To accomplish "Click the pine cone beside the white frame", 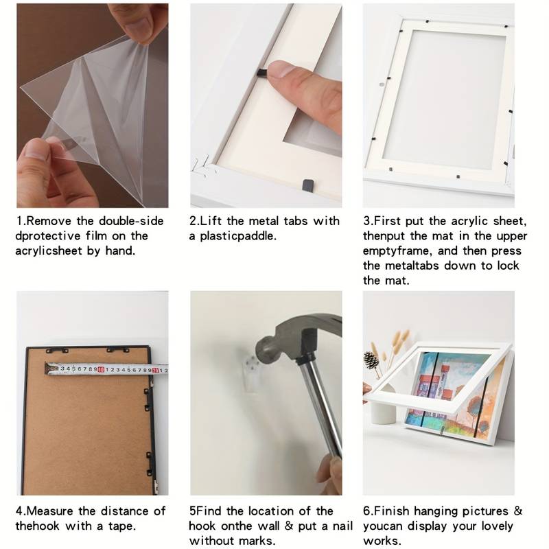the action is (371, 360).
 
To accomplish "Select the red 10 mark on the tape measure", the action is (101, 369).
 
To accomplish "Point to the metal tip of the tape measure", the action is (51, 369).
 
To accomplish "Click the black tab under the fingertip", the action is (261, 73).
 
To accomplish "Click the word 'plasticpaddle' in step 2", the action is (238, 236).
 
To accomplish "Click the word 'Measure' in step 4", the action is (51, 511).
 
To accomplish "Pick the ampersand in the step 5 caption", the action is (289, 526).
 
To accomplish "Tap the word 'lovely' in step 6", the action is (497, 526).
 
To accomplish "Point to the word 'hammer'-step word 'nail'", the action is (342, 526).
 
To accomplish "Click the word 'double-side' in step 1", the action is (131, 221).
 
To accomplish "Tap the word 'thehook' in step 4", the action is (37, 526).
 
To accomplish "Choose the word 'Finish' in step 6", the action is (391, 511).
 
